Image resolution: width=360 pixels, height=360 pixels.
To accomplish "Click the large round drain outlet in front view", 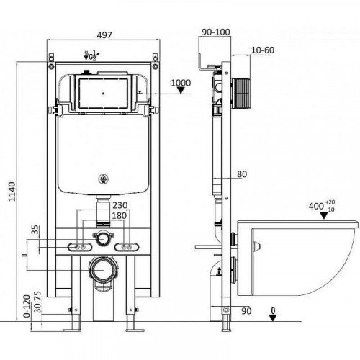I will click(104, 272).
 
